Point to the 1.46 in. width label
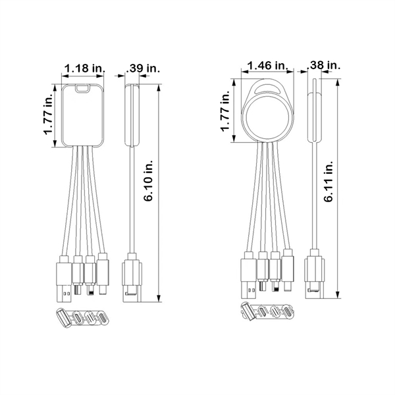tap(266, 65)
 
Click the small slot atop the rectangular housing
tap(84, 89)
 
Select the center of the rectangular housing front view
tap(84, 116)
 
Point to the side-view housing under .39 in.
tap(131, 115)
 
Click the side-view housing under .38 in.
tap(314, 115)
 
